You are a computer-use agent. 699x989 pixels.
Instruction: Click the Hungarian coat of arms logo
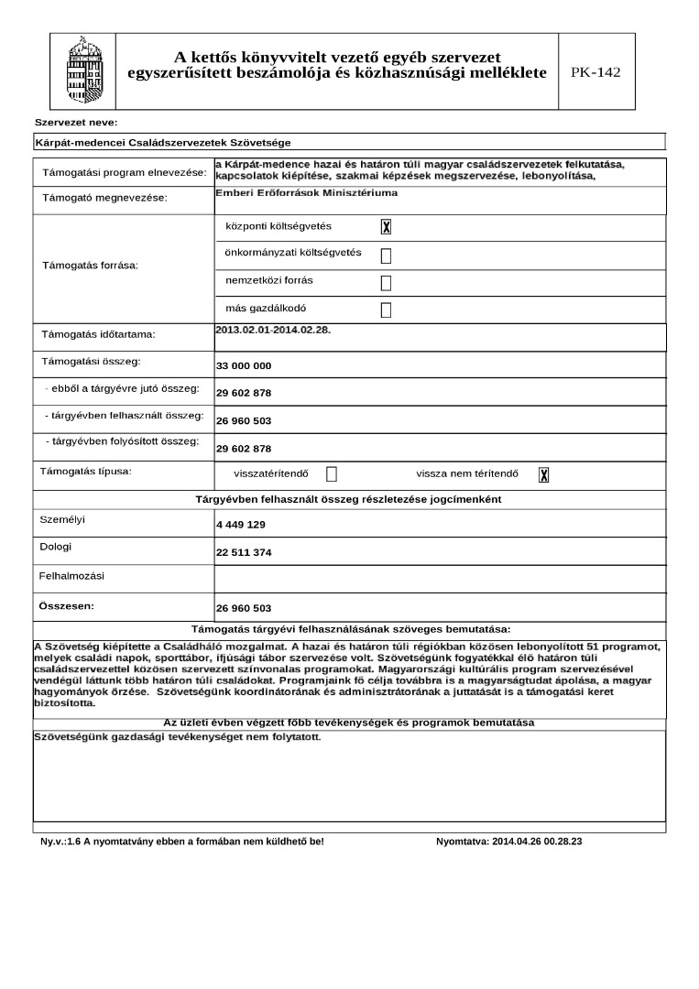click(x=80, y=71)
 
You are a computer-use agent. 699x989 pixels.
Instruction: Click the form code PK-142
click(x=595, y=72)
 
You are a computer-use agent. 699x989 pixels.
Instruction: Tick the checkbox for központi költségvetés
click(x=386, y=227)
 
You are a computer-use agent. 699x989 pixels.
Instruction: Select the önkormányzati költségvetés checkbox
click(x=386, y=255)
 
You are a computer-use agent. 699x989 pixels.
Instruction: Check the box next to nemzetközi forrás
click(x=386, y=282)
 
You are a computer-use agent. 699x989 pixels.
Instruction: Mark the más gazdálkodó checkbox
click(x=386, y=310)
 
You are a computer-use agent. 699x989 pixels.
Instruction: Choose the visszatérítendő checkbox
click(x=332, y=474)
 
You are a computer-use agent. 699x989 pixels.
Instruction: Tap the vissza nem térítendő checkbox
click(x=543, y=474)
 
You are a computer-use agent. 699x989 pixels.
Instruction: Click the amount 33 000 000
click(x=244, y=366)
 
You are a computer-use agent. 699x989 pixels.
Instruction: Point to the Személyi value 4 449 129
click(x=241, y=525)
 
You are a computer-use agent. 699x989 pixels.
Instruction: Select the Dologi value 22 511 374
click(x=244, y=553)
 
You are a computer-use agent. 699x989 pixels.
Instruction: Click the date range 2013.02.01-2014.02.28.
click(x=272, y=330)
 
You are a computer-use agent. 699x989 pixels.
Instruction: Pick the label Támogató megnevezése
click(x=105, y=199)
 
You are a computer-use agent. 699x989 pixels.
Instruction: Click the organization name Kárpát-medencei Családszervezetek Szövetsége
click(x=162, y=143)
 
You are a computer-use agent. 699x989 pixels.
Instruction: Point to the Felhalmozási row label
click(x=71, y=576)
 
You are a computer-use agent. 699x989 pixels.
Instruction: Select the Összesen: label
click(x=67, y=605)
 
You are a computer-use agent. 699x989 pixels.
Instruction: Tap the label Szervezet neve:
click(x=76, y=123)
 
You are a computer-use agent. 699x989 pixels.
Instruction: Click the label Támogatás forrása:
click(x=91, y=266)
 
